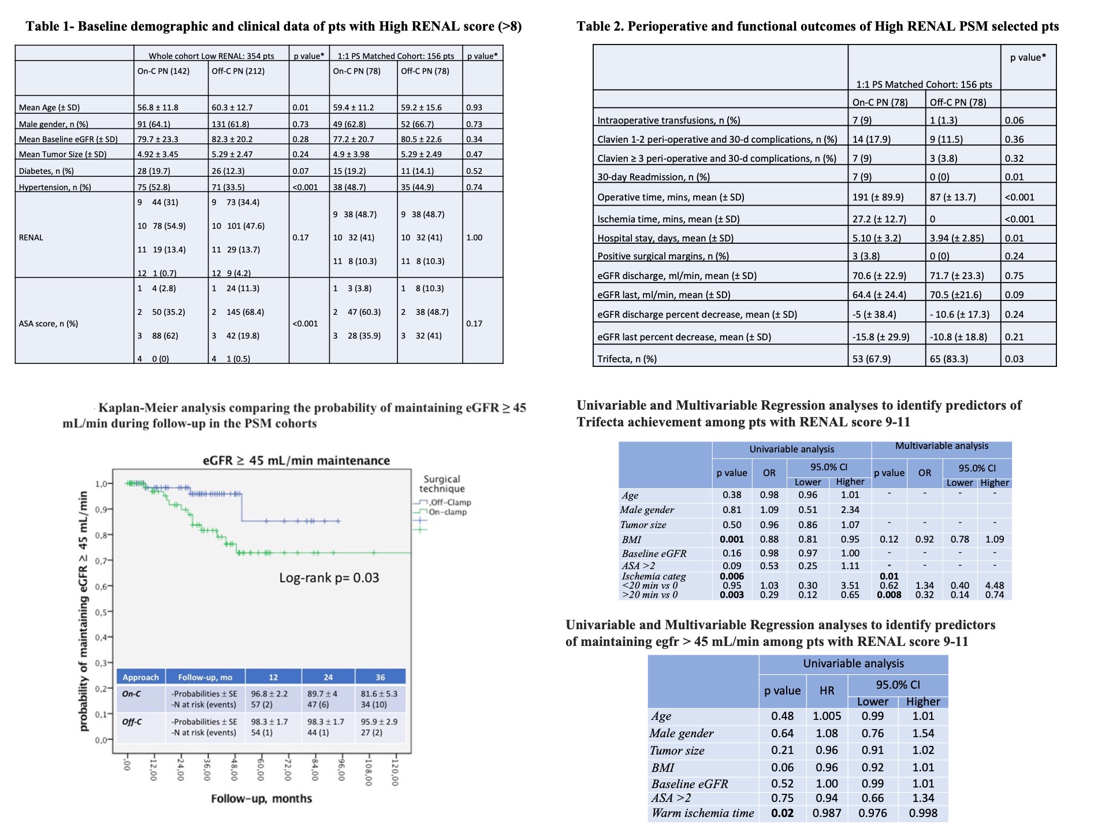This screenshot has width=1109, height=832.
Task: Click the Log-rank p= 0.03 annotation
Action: click(329, 578)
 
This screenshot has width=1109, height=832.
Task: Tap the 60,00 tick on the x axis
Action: click(261, 771)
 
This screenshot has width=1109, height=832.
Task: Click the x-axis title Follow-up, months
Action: click(261, 798)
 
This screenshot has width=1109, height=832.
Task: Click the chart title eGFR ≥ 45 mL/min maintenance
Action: click(296, 460)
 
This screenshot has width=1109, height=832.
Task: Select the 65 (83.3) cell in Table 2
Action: click(948, 359)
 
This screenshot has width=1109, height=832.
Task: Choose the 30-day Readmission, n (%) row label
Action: click(653, 177)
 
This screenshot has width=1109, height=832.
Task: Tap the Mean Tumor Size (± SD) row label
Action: click(62, 154)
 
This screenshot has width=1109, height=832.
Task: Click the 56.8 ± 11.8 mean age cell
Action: click(158, 107)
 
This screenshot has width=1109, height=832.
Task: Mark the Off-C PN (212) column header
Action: click(238, 71)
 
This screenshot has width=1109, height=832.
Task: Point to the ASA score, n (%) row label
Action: click(48, 324)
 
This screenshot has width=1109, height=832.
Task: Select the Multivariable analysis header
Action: click(941, 446)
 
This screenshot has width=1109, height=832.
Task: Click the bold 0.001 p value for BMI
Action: click(731, 539)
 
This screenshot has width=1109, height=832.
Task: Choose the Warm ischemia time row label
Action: click(702, 813)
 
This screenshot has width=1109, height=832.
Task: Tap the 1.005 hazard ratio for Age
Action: click(827, 716)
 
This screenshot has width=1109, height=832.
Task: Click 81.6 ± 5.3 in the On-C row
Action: click(379, 693)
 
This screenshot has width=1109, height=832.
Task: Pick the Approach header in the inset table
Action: click(140, 677)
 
